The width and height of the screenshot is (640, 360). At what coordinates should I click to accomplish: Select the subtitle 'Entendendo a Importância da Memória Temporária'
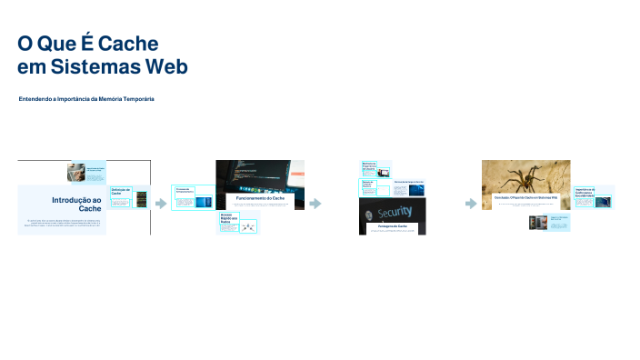[x=86, y=98]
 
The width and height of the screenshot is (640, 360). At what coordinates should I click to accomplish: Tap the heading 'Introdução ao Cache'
[x=76, y=204]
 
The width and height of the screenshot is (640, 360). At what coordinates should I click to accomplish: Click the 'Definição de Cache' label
[x=121, y=192]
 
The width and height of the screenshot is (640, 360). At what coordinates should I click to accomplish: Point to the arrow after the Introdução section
[x=161, y=204]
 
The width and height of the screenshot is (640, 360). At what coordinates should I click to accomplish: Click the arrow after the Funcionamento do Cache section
[x=315, y=204]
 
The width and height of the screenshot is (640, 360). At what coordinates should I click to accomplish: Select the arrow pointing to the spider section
[x=471, y=204]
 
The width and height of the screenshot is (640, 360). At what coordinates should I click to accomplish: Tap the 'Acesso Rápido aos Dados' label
[x=227, y=219]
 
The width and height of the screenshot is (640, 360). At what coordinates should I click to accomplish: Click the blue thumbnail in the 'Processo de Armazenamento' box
[x=202, y=203]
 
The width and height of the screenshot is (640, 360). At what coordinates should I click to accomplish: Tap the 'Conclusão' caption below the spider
[x=525, y=197]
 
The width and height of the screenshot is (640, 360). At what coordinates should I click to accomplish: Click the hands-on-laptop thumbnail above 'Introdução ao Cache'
[x=77, y=171]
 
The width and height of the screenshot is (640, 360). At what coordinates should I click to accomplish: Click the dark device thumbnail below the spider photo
[x=535, y=223]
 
